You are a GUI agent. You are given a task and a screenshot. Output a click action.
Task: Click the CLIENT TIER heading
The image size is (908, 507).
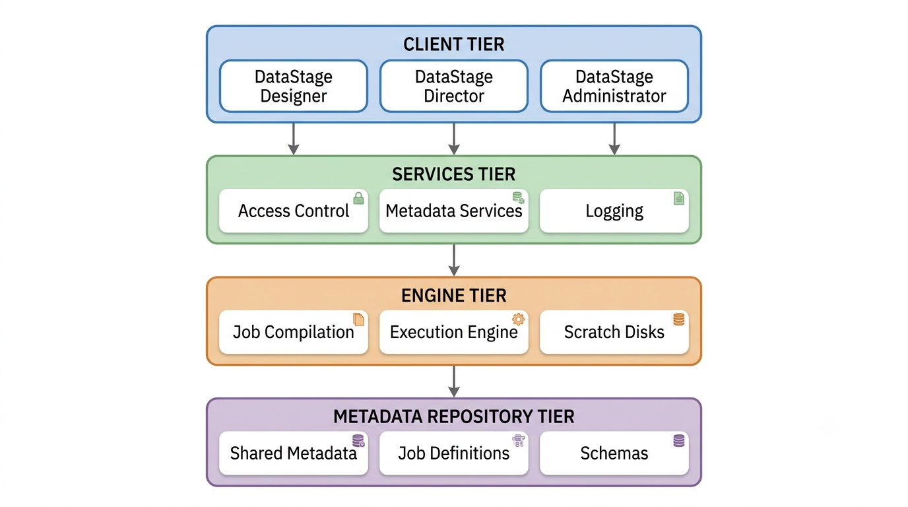(453, 44)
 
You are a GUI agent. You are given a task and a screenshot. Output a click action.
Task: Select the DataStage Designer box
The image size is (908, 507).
(294, 86)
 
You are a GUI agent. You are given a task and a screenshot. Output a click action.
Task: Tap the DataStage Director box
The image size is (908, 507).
(453, 86)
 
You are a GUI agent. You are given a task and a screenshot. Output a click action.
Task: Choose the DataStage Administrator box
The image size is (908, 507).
(614, 86)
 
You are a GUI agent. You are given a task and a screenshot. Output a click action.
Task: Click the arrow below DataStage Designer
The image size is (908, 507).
(294, 139)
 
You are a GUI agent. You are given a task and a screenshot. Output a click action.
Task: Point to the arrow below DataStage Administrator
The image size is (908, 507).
(614, 139)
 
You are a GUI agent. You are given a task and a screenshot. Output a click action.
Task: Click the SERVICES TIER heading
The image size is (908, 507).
(453, 174)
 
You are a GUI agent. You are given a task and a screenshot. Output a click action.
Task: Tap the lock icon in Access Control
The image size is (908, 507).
(359, 198)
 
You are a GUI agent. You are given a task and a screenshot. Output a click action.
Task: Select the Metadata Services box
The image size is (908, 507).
(453, 211)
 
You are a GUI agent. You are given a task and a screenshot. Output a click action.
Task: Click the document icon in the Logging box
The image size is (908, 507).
(679, 198)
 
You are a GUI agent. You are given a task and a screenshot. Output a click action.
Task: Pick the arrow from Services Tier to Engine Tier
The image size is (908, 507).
(454, 260)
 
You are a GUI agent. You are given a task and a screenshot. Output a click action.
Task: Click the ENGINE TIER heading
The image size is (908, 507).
(453, 295)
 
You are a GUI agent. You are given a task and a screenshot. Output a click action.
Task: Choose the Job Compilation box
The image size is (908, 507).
(294, 332)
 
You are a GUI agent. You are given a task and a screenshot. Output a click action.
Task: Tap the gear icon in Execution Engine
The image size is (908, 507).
(518, 320)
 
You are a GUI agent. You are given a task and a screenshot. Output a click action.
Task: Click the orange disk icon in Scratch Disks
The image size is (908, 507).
(679, 320)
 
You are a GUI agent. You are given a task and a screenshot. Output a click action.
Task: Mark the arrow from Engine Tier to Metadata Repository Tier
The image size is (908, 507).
(454, 382)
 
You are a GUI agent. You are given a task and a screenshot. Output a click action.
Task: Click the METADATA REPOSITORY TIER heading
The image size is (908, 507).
(453, 417)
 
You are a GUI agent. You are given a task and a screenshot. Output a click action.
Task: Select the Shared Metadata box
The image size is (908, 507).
(294, 453)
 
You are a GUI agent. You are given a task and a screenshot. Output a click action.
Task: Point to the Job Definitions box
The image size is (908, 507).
(453, 453)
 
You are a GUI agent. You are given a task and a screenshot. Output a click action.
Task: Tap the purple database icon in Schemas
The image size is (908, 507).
(679, 440)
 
